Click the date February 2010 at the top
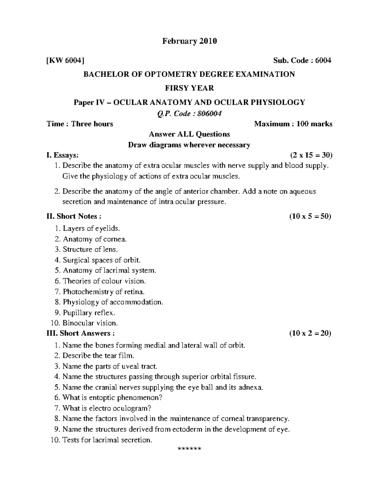(189, 41)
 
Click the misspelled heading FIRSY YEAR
(189, 88)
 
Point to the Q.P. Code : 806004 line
(189, 114)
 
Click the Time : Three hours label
(80, 124)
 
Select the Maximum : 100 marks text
(293, 124)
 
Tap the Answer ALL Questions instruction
(189, 134)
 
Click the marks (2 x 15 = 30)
(311, 155)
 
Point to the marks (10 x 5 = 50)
(310, 216)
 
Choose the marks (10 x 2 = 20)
(310, 333)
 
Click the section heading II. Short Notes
(74, 216)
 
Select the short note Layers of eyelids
(91, 228)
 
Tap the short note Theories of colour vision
(104, 281)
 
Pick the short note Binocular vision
(90, 323)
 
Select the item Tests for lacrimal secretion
(107, 439)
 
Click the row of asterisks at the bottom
(189, 449)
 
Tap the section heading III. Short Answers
(81, 333)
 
